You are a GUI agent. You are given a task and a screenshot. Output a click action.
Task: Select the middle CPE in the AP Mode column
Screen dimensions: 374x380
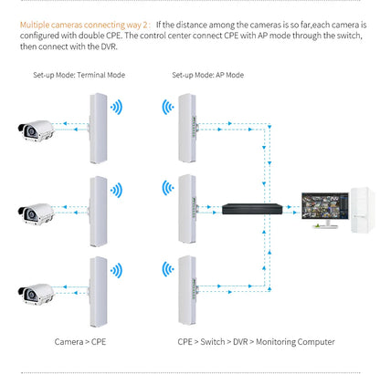click(x=187, y=207)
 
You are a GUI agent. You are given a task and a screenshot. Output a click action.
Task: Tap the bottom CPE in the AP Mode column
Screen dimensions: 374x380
click(x=187, y=289)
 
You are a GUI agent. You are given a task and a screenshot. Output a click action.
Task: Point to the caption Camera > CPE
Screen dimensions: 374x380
click(x=84, y=342)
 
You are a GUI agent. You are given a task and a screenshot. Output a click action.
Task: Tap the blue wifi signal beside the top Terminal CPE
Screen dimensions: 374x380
click(x=118, y=109)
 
